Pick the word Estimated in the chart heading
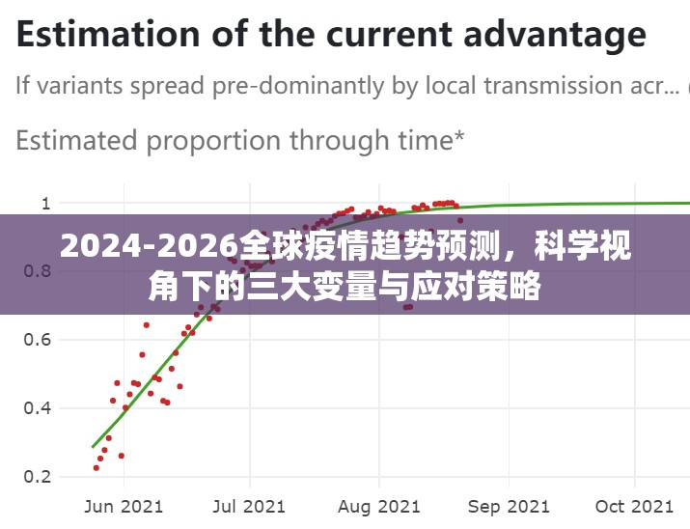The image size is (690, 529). pyautogui.click(x=76, y=141)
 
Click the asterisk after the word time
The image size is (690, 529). pyautogui.click(x=458, y=136)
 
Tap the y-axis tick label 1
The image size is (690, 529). pyautogui.click(x=44, y=204)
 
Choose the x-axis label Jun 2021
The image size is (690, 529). pyautogui.click(x=124, y=506)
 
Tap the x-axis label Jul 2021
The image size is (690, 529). pyautogui.click(x=249, y=506)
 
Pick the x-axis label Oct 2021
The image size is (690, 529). pyautogui.click(x=634, y=506)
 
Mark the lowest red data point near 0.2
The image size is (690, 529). pyautogui.click(x=96, y=468)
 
